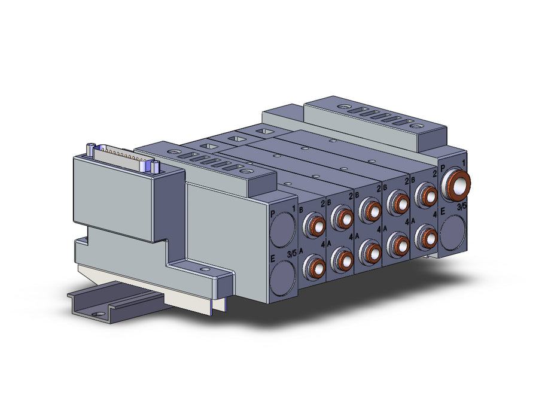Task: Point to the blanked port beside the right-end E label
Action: pyautogui.click(x=453, y=232)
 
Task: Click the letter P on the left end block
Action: pyautogui.click(x=273, y=214)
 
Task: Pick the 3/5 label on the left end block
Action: pyautogui.click(x=292, y=253)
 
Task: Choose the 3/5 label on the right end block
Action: pyautogui.click(x=462, y=207)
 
